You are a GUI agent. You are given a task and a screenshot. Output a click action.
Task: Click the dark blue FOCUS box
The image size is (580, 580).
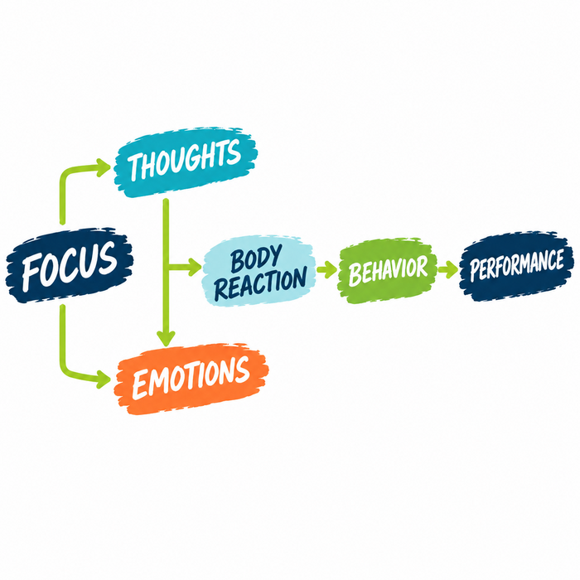tap(69, 265)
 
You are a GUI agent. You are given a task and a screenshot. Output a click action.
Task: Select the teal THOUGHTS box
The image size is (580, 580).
tap(186, 162)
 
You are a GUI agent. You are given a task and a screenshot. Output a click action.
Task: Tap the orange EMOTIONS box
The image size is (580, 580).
tap(191, 379)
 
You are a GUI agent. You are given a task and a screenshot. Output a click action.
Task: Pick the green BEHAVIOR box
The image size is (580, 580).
tap(387, 270)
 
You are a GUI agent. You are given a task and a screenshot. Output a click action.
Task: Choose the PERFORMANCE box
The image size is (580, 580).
tap(516, 266)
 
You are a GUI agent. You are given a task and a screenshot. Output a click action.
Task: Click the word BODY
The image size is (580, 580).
tap(256, 258)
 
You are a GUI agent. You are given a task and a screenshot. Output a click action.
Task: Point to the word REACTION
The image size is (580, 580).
tap(261, 283)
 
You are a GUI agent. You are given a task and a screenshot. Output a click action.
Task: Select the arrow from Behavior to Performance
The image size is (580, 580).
tap(448, 269)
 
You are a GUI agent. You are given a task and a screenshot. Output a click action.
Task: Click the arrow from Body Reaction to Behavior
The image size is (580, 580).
tap(327, 269)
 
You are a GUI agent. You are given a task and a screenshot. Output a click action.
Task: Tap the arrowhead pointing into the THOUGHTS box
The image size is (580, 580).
tap(103, 167)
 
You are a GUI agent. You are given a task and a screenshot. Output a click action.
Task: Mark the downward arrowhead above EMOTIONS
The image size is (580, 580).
tap(166, 338)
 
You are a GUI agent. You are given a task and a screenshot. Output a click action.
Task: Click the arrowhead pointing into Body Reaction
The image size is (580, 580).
tap(195, 267)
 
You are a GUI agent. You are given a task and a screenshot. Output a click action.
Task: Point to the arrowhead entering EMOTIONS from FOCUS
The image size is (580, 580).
tap(103, 379)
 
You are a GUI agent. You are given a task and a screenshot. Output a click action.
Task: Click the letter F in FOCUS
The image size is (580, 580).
tap(31, 273)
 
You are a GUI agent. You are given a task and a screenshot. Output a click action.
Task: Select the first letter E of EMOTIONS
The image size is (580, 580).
tap(140, 384)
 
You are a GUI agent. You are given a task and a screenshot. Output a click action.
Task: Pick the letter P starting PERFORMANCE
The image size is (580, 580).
tap(474, 270)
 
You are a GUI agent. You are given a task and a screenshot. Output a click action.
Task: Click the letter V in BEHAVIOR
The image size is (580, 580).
tap(399, 269)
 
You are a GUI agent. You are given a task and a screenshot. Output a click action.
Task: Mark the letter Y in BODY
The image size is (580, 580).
tap(275, 255)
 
